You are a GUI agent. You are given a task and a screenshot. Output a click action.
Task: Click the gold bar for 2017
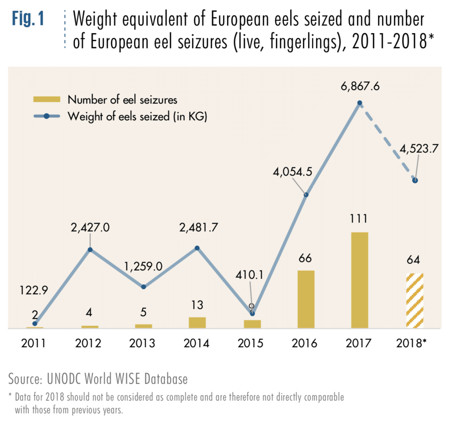point(360,280)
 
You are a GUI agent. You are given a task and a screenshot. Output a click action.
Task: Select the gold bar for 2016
point(306,299)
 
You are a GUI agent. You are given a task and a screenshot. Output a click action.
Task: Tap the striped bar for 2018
point(415,301)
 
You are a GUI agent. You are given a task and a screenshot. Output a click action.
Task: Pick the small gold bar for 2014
point(197,322)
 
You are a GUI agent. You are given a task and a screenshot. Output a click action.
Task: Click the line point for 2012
point(90,250)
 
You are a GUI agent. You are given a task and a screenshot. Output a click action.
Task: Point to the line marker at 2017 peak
point(360,103)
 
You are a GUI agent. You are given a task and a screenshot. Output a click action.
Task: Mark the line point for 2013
point(143,287)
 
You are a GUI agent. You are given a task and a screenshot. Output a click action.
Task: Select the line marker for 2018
point(415,180)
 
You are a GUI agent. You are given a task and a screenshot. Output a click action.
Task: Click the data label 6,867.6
point(360,86)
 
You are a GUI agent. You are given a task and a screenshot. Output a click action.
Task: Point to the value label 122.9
point(33,290)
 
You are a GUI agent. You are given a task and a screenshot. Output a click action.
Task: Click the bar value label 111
point(359,219)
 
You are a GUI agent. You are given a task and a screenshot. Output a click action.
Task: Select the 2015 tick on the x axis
point(251,343)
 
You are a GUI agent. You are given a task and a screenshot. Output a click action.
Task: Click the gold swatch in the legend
point(46,99)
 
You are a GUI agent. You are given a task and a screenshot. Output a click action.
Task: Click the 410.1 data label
point(250,274)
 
